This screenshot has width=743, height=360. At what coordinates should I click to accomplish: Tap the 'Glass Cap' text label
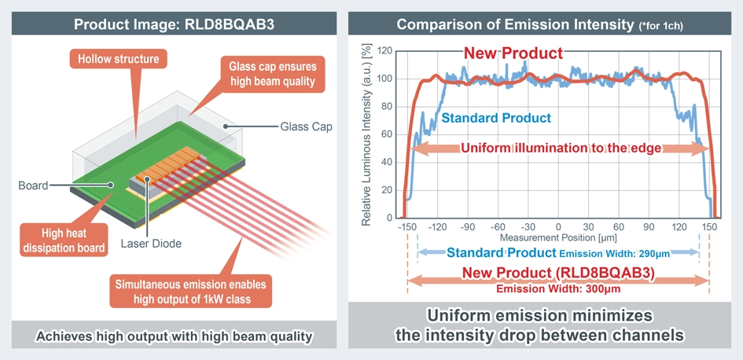(305, 127)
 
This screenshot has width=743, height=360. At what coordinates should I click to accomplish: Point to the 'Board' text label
(32, 186)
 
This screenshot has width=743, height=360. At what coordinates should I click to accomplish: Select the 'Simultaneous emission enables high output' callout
(190, 292)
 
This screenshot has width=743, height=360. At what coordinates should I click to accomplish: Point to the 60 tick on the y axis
(386, 134)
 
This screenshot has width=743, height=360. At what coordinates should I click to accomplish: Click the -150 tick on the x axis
(406, 227)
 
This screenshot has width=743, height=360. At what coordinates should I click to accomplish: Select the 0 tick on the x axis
(557, 227)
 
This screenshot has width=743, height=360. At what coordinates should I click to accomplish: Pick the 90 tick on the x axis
(649, 227)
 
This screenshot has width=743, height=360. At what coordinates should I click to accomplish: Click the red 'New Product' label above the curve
(513, 53)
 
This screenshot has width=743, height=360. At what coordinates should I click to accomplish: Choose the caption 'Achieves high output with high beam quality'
(175, 336)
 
